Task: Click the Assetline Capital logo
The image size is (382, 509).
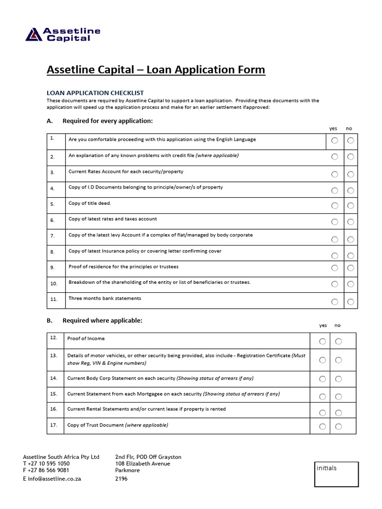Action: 63,34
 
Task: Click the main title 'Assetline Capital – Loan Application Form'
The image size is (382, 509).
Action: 156,70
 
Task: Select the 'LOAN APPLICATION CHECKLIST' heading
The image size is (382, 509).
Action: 95,93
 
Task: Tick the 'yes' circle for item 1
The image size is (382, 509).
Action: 335,141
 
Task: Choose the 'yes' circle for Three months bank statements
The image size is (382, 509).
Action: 335,301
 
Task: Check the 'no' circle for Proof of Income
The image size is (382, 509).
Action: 339,341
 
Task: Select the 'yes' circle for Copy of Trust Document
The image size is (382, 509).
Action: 323,426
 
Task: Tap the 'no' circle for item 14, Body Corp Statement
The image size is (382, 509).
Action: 339,379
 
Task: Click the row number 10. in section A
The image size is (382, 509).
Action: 54,283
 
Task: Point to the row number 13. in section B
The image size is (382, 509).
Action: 54,356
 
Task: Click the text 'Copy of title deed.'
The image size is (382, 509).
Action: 90,203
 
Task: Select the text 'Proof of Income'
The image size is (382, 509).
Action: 86,339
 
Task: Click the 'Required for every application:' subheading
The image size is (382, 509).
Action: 107,121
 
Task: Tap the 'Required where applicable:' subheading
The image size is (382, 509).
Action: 102,321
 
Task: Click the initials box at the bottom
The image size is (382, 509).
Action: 336,474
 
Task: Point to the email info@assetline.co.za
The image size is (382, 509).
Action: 52,479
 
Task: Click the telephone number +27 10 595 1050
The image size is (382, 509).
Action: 46,463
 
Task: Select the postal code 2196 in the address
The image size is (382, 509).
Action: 121,479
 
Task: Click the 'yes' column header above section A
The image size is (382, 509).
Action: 333,129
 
